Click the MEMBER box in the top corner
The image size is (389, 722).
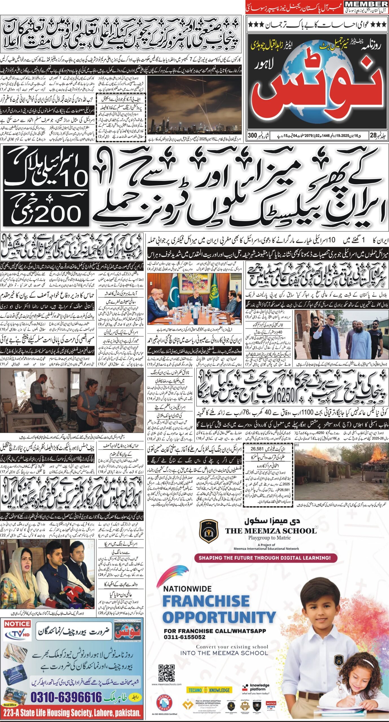point(366,4)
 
